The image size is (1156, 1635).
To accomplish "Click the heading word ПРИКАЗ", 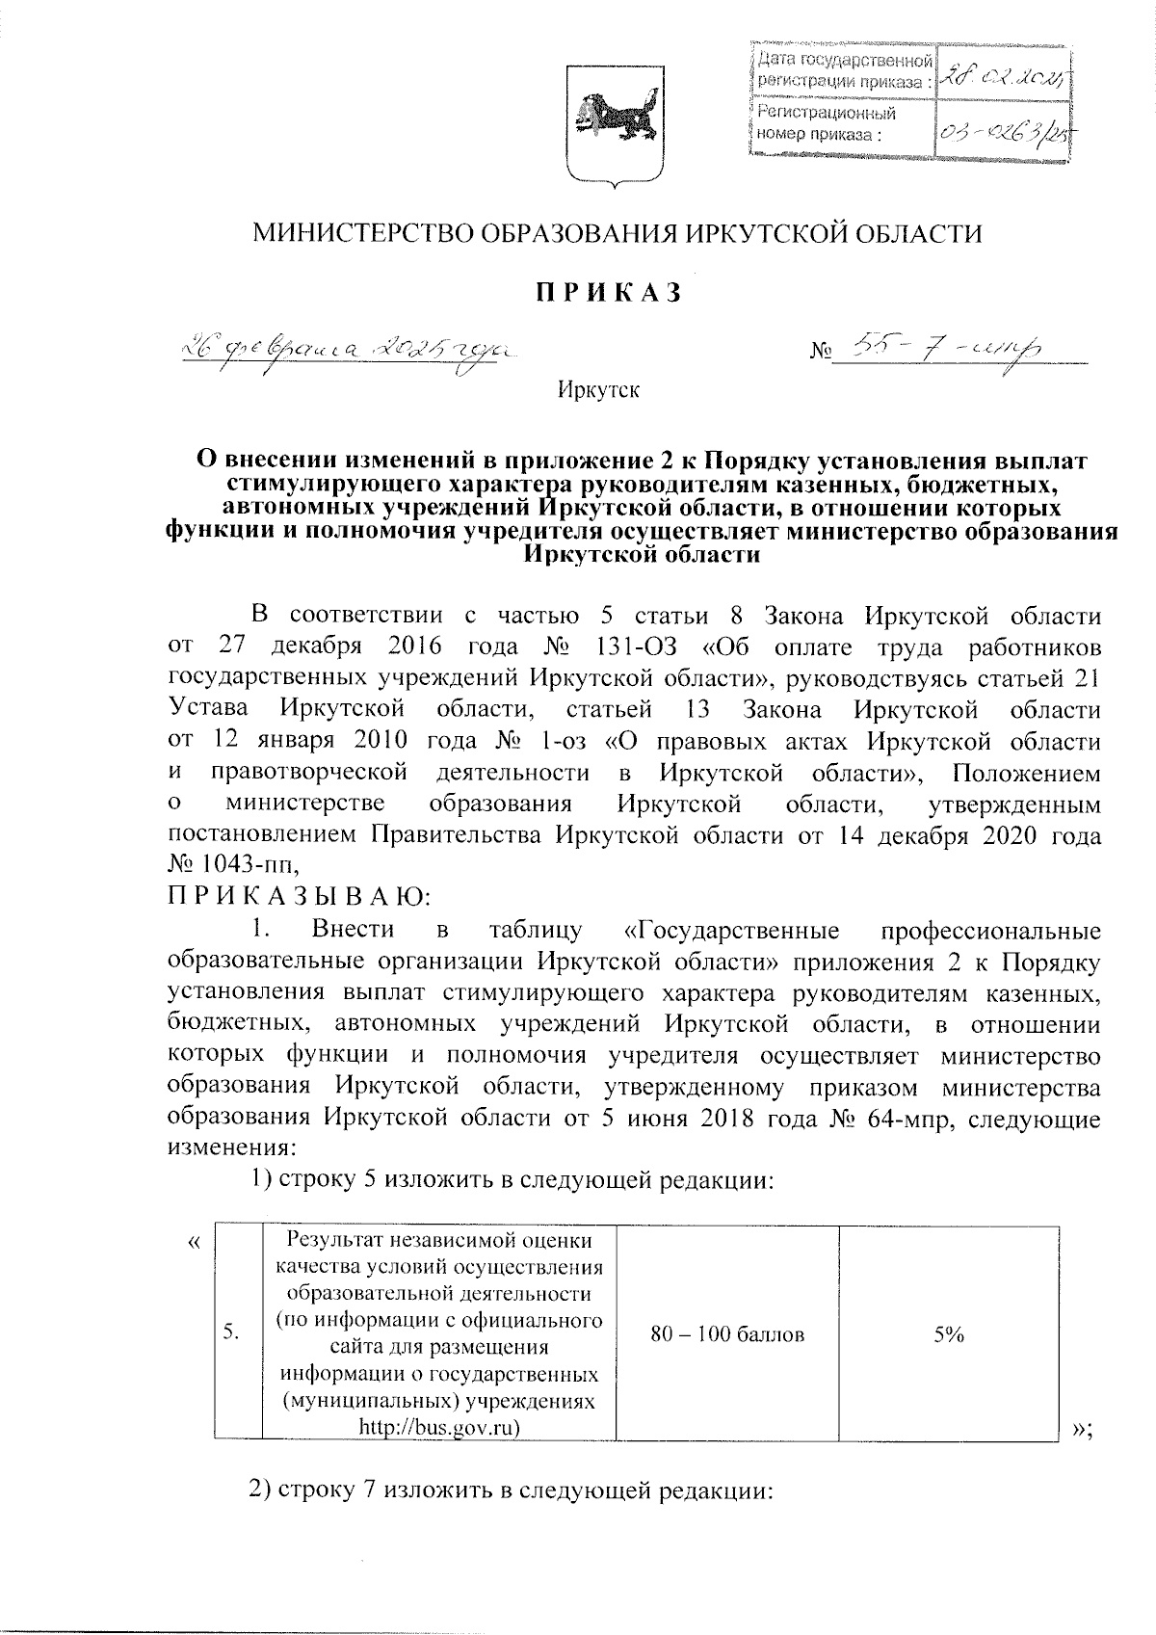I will point(609,292).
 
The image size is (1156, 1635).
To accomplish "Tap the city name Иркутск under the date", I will point(597,390).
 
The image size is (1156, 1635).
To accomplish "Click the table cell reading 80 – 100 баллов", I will point(728,1334).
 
